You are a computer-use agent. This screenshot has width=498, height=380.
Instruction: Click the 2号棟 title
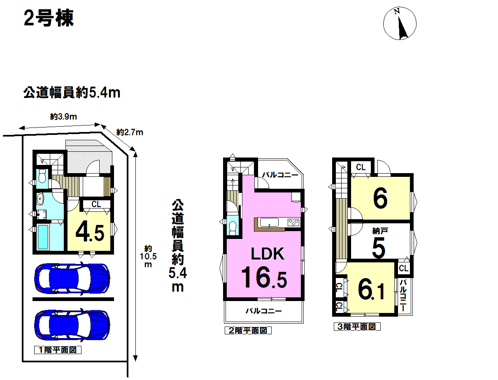[x=49, y=19]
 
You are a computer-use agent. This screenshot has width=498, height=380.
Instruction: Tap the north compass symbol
[x=400, y=23]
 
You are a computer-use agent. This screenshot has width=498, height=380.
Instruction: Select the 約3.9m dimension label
[x=63, y=117]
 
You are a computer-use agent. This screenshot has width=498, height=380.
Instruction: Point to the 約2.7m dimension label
[x=130, y=132]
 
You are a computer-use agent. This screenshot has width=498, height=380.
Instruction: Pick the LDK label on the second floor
[x=268, y=254]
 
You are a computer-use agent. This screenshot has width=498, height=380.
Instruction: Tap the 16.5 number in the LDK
[x=264, y=277]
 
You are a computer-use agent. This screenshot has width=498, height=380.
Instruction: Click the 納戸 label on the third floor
[x=380, y=231]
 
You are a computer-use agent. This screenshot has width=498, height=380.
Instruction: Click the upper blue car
[x=72, y=278]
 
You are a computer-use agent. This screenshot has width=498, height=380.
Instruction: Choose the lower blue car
[x=72, y=325]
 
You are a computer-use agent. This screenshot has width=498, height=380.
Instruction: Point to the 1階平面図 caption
[x=58, y=350]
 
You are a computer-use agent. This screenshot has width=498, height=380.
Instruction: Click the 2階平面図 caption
[x=248, y=330]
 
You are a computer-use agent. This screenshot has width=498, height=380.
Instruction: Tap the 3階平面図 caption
[x=357, y=327]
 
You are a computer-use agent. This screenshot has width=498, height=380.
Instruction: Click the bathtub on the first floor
[x=43, y=237]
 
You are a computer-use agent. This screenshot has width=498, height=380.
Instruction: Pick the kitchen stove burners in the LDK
[x=293, y=222]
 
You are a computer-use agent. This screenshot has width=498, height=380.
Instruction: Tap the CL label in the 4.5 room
[x=96, y=204]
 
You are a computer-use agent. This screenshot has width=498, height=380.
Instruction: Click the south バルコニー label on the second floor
[x=264, y=310]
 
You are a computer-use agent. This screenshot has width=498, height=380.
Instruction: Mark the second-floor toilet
[x=233, y=227]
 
